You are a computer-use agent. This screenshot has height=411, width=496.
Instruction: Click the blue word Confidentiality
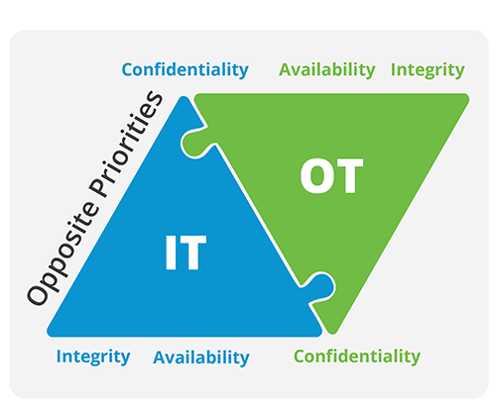[x=186, y=70]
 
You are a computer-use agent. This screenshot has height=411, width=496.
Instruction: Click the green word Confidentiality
[x=357, y=357]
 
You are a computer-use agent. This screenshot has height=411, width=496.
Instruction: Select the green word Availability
[x=327, y=70]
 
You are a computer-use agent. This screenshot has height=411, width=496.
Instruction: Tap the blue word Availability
[x=201, y=358]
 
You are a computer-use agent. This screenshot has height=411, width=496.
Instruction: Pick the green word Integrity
[x=428, y=70]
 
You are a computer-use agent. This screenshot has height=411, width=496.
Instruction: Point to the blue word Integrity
[x=93, y=357]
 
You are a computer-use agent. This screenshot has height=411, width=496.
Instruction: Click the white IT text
[x=186, y=253]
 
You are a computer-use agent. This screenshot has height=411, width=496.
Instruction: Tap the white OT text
[x=331, y=175]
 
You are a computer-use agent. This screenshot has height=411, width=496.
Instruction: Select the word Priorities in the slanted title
[x=126, y=145]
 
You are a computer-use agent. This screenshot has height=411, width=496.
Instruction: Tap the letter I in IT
[x=171, y=253]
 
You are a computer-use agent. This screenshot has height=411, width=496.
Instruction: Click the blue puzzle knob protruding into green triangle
[x=320, y=286]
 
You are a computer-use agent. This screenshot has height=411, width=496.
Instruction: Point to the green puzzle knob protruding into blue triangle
[x=195, y=143]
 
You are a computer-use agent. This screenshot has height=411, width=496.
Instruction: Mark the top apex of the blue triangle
[x=184, y=96]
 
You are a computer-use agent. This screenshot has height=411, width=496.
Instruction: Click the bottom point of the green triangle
[x=332, y=334]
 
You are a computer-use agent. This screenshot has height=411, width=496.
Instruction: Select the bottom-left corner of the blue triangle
[x=48, y=333]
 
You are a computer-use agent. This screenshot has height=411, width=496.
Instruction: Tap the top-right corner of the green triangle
[x=468, y=96]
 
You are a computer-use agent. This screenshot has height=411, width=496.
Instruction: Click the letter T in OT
[x=348, y=175]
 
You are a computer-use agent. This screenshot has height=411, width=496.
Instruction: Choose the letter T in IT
[x=191, y=253]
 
